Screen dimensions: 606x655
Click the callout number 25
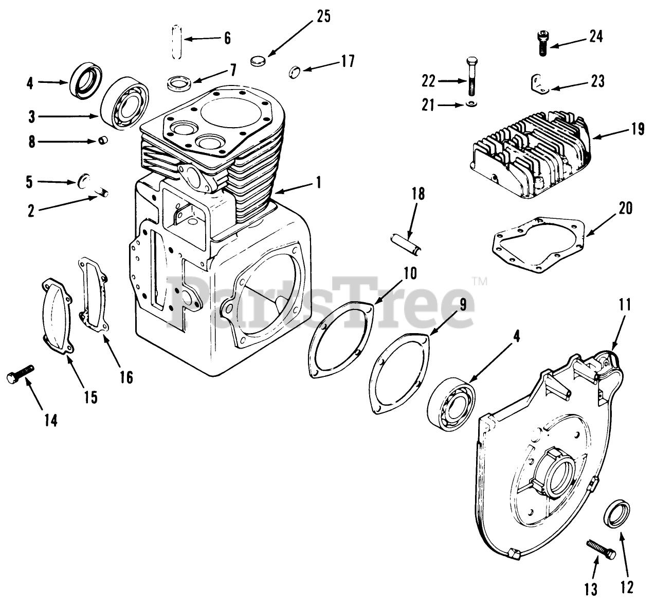pyautogui.click(x=323, y=16)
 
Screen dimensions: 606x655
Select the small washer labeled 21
pyautogui.click(x=472, y=105)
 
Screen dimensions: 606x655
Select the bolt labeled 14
pyautogui.click(x=21, y=373)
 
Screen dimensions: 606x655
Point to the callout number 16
pyautogui.click(x=126, y=377)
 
